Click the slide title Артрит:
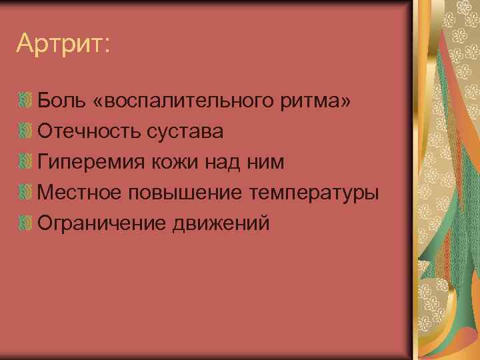tap(63, 45)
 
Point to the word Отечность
tap(90, 131)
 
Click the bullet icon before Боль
tap(25, 101)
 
